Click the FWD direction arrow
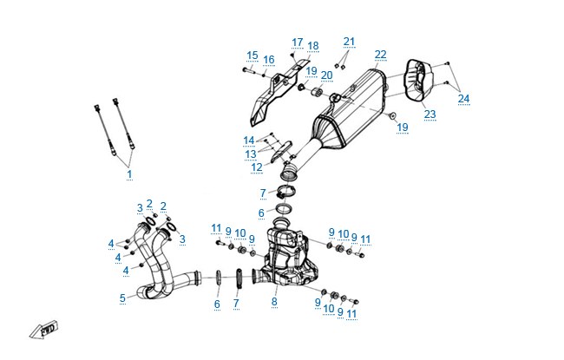tap(43, 330)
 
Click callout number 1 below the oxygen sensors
tap(129, 174)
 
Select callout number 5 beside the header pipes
tap(122, 298)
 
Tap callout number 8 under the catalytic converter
tap(274, 301)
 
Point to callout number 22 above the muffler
tap(381, 55)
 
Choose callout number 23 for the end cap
tap(430, 114)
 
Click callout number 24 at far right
tap(463, 99)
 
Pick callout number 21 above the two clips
tap(349, 42)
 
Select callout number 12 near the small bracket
tap(257, 167)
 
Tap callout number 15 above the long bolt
tap(252, 56)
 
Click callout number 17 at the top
tap(297, 43)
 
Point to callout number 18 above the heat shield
tap(313, 46)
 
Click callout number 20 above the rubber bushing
tap(326, 75)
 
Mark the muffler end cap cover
tap(419, 80)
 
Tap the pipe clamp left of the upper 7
tap(286, 191)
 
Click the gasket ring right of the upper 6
tap(284, 208)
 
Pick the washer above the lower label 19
tap(392, 115)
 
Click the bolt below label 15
tap(248, 69)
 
